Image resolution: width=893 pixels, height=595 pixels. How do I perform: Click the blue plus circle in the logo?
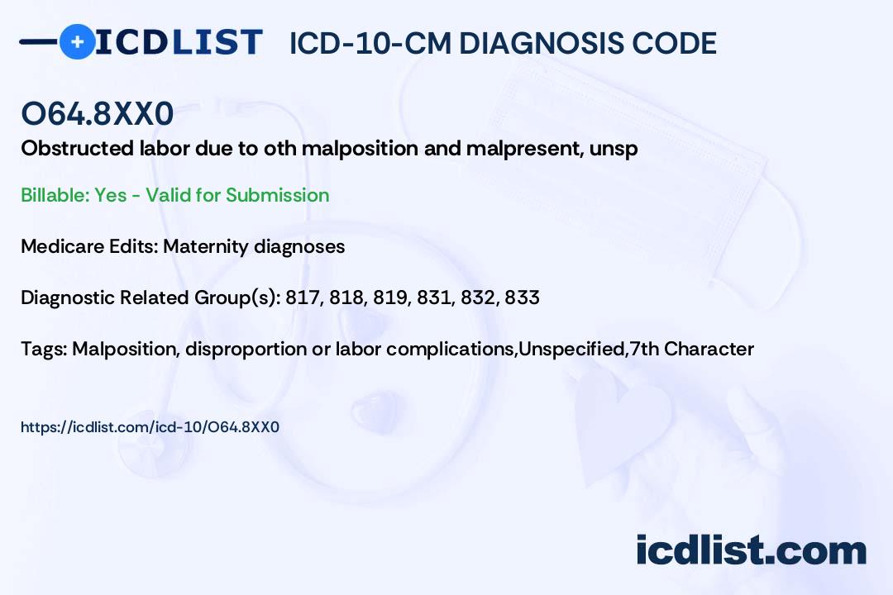tap(77, 42)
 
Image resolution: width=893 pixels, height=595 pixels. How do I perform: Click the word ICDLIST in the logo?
tap(179, 42)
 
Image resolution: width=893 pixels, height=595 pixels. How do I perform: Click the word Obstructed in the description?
tap(77, 148)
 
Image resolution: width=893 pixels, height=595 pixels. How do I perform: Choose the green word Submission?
tap(277, 195)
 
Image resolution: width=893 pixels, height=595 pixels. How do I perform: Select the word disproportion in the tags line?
tap(246, 349)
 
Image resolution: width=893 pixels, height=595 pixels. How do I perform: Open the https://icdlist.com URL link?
tap(150, 427)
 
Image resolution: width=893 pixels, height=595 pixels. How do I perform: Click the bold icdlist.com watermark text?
tap(751, 550)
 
